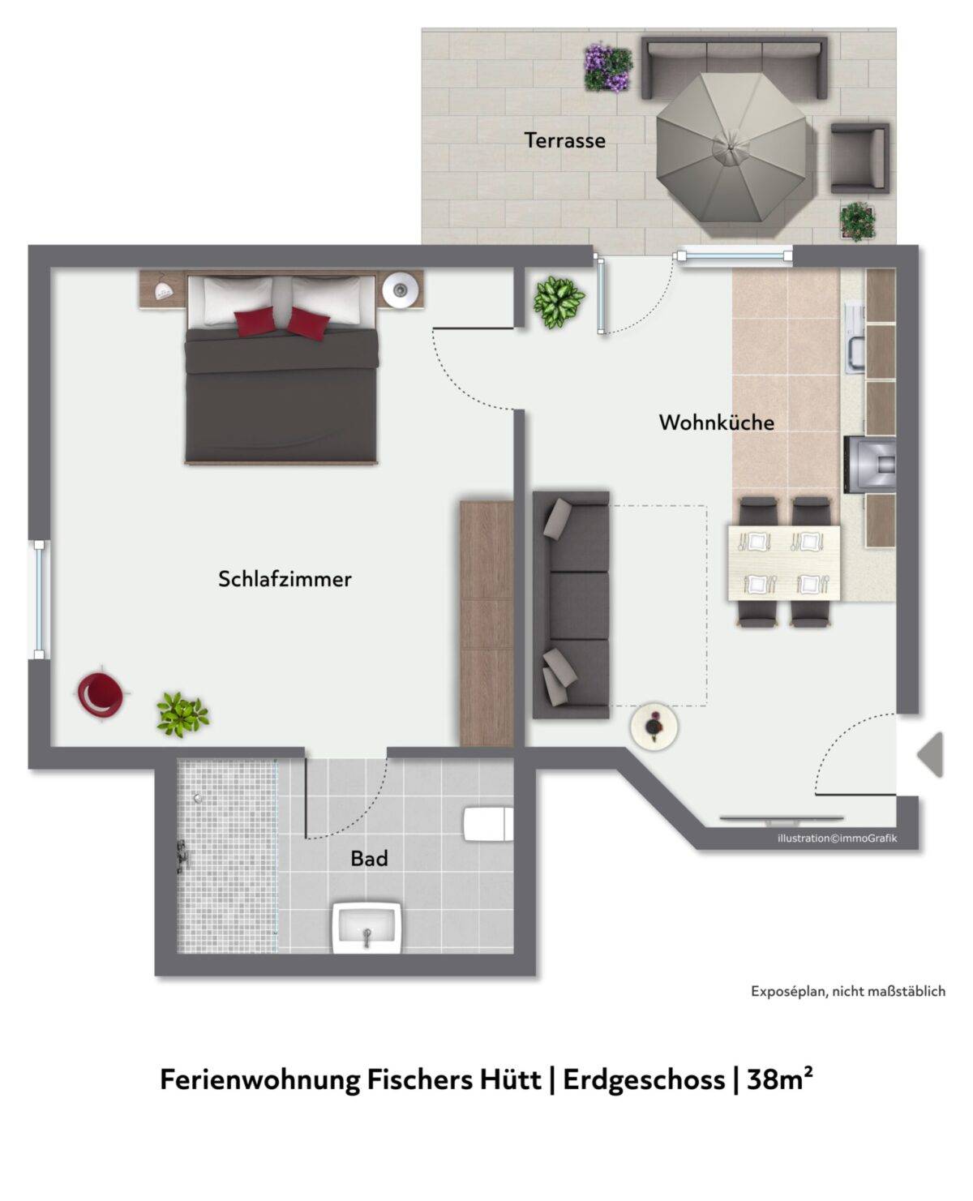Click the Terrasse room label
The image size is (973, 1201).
click(x=564, y=140)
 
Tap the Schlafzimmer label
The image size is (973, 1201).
click(x=285, y=579)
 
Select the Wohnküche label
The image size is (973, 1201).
click(x=717, y=422)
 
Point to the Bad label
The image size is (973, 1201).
click(x=369, y=859)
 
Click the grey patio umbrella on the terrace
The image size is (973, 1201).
click(x=731, y=147)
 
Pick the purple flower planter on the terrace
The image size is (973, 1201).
click(x=607, y=67)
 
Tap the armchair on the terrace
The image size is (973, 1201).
click(x=859, y=158)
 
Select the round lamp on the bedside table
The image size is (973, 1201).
click(x=400, y=290)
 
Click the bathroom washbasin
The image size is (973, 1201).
click(x=366, y=927)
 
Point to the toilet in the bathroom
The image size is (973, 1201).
click(x=488, y=824)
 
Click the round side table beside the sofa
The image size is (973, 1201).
click(x=654, y=727)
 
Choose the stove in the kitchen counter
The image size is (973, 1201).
click(x=870, y=464)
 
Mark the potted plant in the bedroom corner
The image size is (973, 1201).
click(x=182, y=715)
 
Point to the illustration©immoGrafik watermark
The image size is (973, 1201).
click(x=837, y=839)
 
